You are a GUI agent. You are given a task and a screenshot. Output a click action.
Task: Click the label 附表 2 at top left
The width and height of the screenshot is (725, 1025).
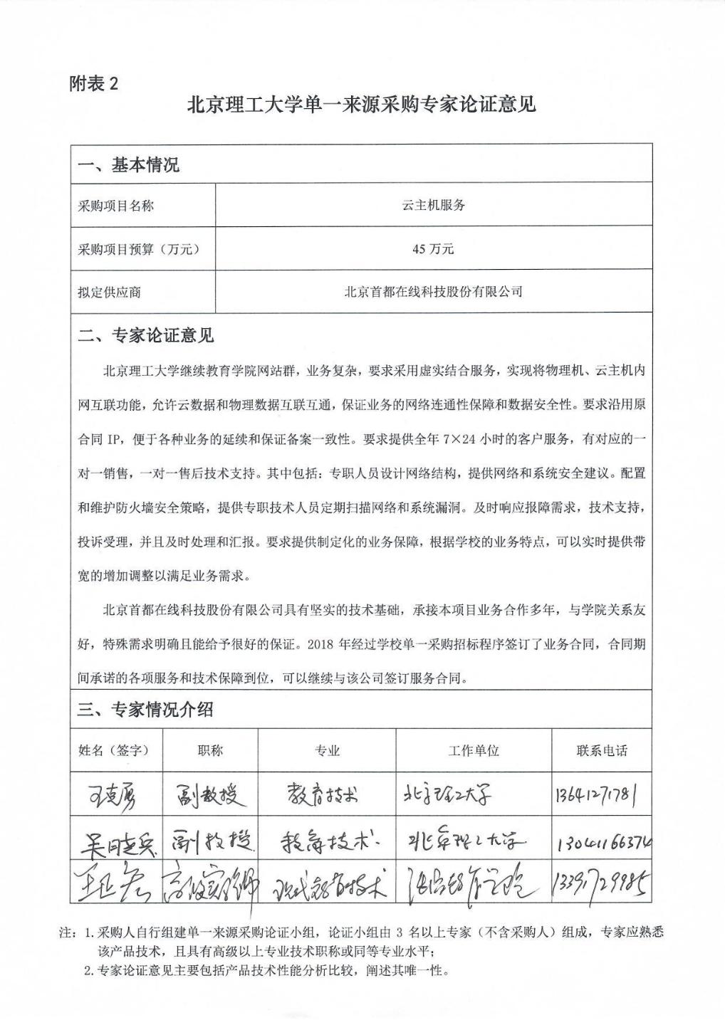tap(94, 84)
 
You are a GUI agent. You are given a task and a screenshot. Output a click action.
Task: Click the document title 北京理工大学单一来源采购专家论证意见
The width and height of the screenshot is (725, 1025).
tap(361, 106)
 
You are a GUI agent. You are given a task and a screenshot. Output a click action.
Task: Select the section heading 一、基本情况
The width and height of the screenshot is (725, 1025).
tap(128, 166)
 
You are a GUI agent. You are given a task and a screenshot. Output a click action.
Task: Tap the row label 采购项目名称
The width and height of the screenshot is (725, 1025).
tap(115, 206)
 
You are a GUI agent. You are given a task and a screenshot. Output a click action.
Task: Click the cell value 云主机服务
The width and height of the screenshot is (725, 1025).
tap(433, 206)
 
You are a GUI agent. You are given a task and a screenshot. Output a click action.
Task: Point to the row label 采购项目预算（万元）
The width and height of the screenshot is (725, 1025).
tap(138, 249)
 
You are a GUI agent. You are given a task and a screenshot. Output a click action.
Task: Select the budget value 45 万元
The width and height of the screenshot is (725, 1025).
tap(433, 249)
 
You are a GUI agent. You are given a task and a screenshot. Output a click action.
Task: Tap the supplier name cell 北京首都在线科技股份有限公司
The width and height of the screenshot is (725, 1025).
tap(433, 292)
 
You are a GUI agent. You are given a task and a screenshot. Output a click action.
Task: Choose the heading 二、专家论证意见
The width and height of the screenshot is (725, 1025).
tap(146, 335)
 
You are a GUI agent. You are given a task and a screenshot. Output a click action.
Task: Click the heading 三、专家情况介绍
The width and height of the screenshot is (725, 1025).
tap(145, 710)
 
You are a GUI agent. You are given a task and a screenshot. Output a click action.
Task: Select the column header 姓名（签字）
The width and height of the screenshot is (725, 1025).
tap(116, 750)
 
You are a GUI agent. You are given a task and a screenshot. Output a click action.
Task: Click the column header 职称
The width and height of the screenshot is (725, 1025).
tap(210, 750)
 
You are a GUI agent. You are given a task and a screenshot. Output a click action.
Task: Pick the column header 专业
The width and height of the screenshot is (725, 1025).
tap(327, 750)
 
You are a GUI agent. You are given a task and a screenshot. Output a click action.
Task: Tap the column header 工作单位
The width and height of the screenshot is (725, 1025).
tap(473, 750)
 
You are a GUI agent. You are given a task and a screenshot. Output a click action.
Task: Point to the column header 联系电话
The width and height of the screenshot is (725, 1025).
tap(602, 750)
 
